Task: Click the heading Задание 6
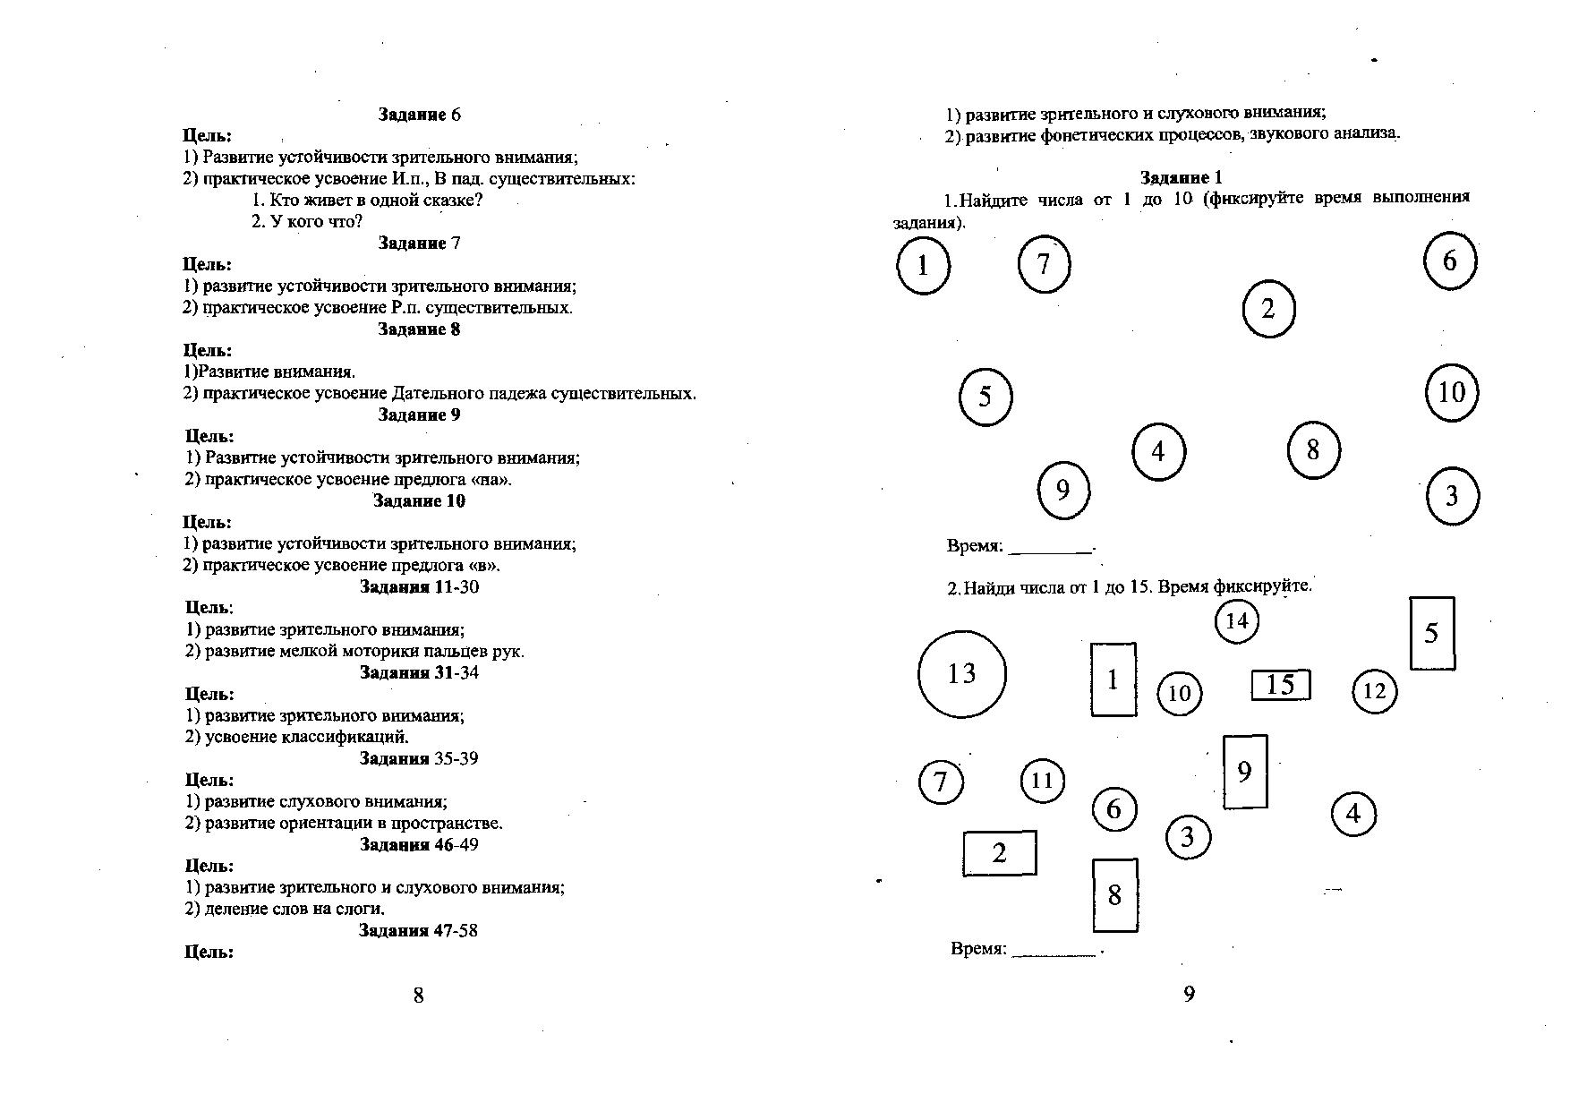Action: (x=419, y=115)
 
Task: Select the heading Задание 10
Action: (x=419, y=501)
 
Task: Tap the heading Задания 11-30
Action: (x=419, y=587)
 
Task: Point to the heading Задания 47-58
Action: (x=419, y=931)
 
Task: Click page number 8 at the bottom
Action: (x=418, y=995)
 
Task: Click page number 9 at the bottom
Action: (x=1189, y=994)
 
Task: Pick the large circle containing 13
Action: (x=961, y=674)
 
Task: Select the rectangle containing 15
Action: (x=1280, y=686)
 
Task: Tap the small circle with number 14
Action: (x=1236, y=621)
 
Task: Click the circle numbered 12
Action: (x=1374, y=691)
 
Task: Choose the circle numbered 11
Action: (x=1042, y=781)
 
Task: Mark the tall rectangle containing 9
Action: (x=1245, y=772)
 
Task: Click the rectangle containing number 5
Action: (x=1431, y=634)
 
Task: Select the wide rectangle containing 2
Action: (x=999, y=853)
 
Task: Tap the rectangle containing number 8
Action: (x=1114, y=895)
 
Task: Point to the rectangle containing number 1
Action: (x=1113, y=679)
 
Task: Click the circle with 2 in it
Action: (x=1268, y=310)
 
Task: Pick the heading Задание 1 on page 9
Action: (x=1181, y=177)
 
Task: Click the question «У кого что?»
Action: (x=307, y=221)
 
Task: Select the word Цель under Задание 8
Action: (x=208, y=351)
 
